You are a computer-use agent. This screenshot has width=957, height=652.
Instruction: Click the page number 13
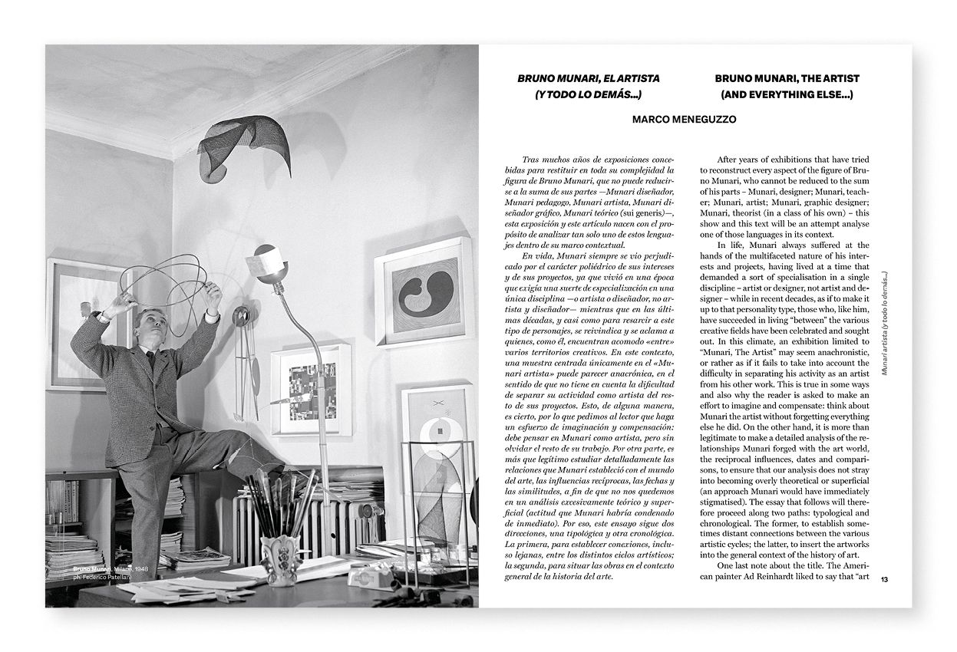[x=885, y=579]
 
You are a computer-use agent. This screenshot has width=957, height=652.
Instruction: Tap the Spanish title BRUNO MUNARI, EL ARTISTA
[x=588, y=78]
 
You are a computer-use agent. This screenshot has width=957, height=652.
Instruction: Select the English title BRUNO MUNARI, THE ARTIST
[x=787, y=78]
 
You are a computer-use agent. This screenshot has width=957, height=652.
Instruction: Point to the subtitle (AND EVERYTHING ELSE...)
[x=787, y=95]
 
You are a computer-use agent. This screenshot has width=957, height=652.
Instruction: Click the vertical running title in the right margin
[x=886, y=322]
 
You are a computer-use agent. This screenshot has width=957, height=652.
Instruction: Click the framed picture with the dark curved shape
[x=424, y=290]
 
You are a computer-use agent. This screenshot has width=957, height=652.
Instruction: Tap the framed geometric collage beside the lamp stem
[x=311, y=387]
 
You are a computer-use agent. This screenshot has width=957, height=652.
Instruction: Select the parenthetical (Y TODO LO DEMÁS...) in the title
[x=588, y=95]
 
